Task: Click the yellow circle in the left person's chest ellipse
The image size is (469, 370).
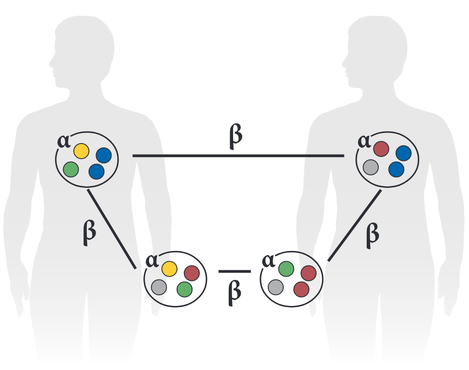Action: pyautogui.click(x=81, y=151)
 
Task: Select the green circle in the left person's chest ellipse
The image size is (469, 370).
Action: pyautogui.click(x=71, y=169)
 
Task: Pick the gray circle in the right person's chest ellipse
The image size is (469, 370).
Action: pyautogui.click(x=371, y=167)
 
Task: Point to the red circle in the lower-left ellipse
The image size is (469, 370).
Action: pyautogui.click(x=192, y=273)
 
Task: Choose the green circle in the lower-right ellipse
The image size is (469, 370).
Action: pyautogui.click(x=286, y=269)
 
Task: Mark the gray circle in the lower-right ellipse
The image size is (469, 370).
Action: pyautogui.click(x=276, y=287)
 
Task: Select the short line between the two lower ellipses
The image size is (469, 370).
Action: pyautogui.click(x=234, y=272)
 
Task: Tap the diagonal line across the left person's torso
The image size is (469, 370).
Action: pyautogui.click(x=110, y=229)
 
